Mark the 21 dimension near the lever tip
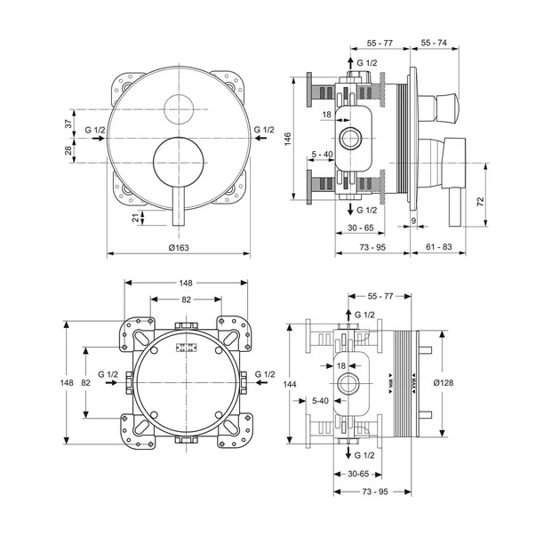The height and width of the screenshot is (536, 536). coord(136,220)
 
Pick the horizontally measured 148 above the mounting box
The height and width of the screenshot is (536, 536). coord(186,282)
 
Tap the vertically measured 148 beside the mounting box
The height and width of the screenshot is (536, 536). coord(68,382)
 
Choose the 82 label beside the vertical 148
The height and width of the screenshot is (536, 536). coord(85,382)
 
